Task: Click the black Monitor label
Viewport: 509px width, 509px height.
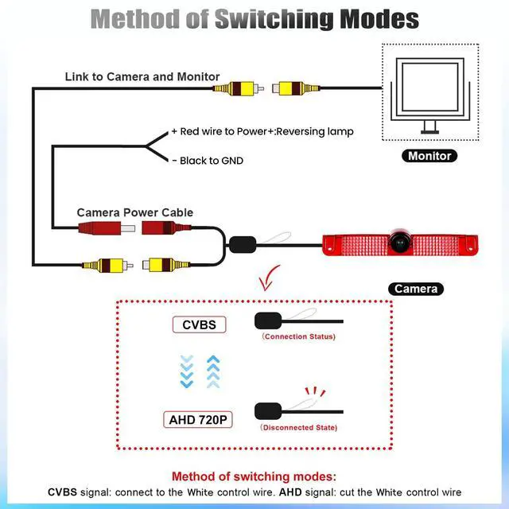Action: click(x=429, y=156)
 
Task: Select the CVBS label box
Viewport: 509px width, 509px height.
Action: click(x=199, y=324)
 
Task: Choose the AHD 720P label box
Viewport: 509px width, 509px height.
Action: click(x=199, y=419)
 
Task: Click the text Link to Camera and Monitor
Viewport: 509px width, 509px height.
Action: click(x=142, y=77)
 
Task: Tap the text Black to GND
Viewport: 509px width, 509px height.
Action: click(x=208, y=161)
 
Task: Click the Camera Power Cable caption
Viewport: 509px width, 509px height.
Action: click(x=134, y=212)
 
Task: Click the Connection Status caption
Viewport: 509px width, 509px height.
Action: click(x=298, y=336)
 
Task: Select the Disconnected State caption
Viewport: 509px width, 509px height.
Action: click(x=298, y=428)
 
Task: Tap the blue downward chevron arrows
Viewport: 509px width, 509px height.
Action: click(x=188, y=371)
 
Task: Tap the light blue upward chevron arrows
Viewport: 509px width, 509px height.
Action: click(x=212, y=371)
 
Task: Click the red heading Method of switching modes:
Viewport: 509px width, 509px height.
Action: click(x=254, y=476)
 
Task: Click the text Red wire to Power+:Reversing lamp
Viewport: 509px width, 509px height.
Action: click(x=262, y=132)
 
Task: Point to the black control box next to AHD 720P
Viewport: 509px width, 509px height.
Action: click(x=267, y=411)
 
